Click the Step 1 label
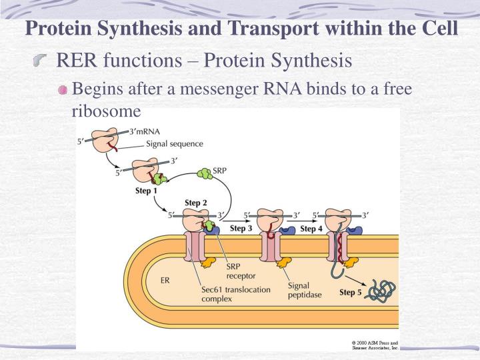(x=146, y=191)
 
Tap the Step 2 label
(x=196, y=203)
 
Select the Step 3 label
(x=241, y=229)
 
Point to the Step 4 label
(x=311, y=229)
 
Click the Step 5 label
(x=351, y=292)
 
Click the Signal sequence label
(x=175, y=143)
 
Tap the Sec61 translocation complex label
(x=227, y=295)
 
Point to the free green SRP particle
(x=204, y=175)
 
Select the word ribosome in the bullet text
(x=106, y=111)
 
